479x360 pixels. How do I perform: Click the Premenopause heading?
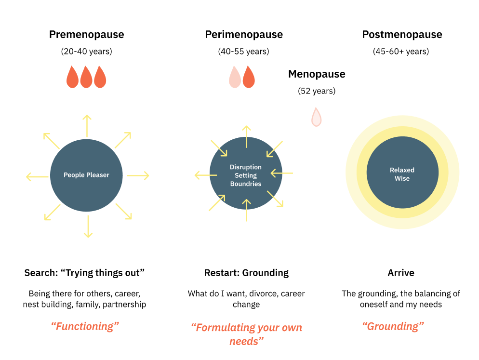coord(86,35)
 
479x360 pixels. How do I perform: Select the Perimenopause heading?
coord(244,35)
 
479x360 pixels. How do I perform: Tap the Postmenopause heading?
coord(402,35)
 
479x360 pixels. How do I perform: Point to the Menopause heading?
coord(317,74)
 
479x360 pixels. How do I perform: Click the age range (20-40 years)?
coord(86,51)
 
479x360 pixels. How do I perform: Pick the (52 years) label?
coord(317,91)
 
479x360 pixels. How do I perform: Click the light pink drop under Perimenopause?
coord(235,77)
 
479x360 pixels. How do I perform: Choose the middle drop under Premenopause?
coord(86,77)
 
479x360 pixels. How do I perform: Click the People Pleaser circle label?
coord(86,175)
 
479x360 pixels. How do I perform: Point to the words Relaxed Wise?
coord(402,174)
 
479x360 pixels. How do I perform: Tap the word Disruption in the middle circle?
coord(246,167)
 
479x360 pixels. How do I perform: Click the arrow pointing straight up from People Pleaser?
coord(87,126)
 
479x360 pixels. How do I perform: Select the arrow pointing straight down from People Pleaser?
coord(88,226)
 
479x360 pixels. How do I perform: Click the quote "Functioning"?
coord(85,326)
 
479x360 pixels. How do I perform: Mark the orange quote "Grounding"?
coord(393,326)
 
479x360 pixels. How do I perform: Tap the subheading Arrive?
coord(401,273)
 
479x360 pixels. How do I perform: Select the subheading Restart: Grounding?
coord(246,273)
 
